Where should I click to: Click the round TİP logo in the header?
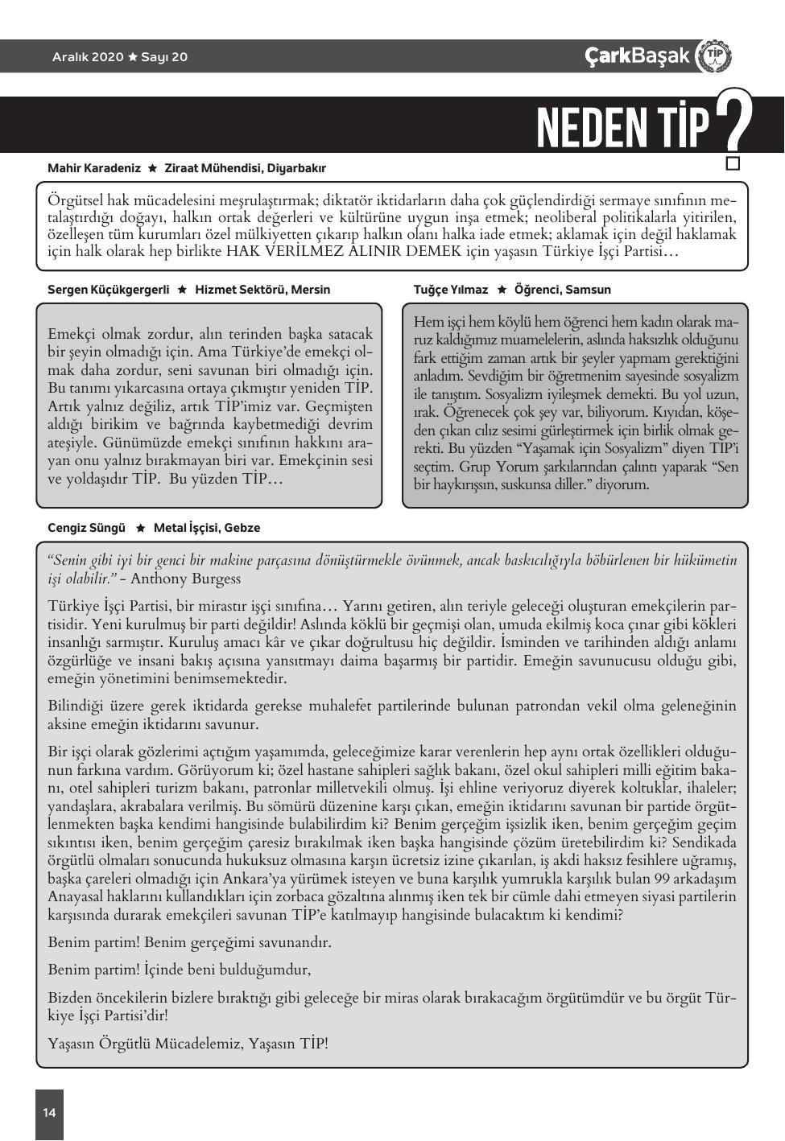pyautogui.click(x=713, y=56)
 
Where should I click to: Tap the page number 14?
pyautogui.click(x=49, y=1113)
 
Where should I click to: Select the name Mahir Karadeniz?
pyautogui.click(x=93, y=168)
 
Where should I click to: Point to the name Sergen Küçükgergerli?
pyautogui.click(x=108, y=290)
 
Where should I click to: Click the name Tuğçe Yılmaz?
pyautogui.click(x=450, y=290)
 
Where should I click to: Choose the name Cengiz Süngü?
pyautogui.click(x=86, y=528)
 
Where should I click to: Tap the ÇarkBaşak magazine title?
pyautogui.click(x=637, y=56)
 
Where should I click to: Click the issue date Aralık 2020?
pyautogui.click(x=88, y=57)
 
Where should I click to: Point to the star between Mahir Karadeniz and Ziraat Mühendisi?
pyautogui.click(x=152, y=168)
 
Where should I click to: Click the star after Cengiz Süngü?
pyautogui.click(x=140, y=528)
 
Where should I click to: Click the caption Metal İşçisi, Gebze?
pyautogui.click(x=207, y=528)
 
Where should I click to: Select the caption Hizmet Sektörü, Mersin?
pyautogui.click(x=262, y=290)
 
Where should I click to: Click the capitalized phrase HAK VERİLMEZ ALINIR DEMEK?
pyautogui.click(x=344, y=251)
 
